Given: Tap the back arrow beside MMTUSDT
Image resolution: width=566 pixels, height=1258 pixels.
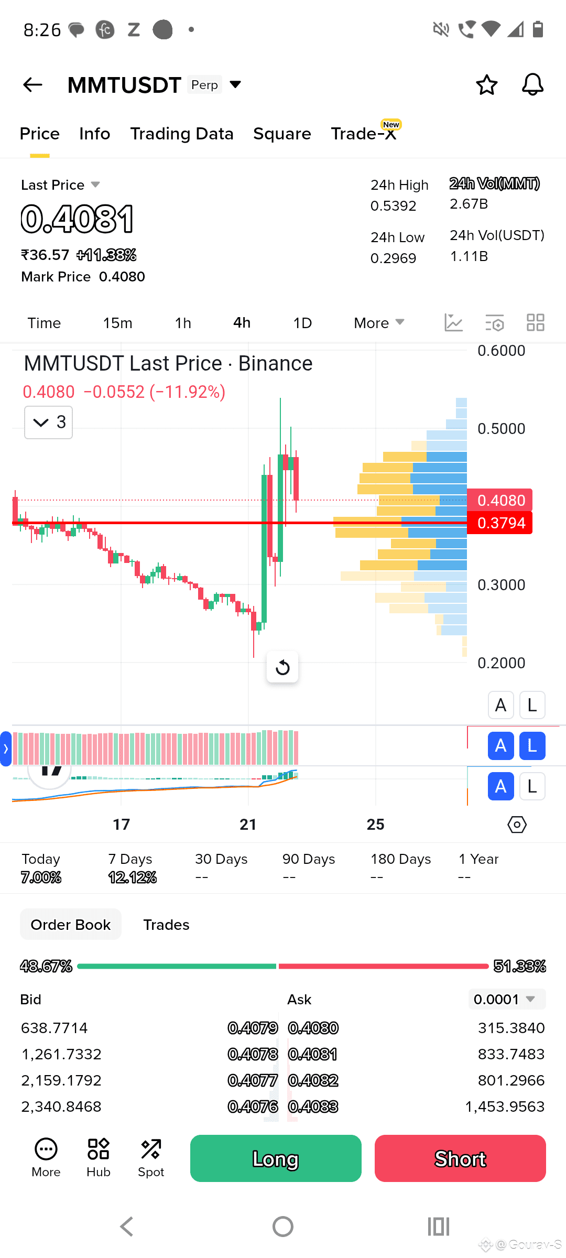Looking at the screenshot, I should tap(32, 84).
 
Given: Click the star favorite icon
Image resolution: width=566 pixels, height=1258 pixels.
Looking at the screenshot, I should tap(486, 85).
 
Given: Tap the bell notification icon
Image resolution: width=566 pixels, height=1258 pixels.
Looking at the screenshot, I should tap(532, 84).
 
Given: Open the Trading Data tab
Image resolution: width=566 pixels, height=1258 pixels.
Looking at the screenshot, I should tap(181, 134).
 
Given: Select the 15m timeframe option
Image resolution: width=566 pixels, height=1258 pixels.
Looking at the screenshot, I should tap(117, 323).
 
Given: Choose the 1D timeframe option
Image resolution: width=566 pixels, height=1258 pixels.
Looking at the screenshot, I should tap(302, 323).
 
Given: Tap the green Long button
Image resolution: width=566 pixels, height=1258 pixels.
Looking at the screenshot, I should tap(276, 1158).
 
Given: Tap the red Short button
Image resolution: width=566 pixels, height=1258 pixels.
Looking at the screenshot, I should tap(460, 1158).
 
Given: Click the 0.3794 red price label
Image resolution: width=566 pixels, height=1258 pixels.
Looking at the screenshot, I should tap(500, 523).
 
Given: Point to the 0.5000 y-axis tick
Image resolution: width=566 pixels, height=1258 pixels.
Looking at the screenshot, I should tap(501, 429).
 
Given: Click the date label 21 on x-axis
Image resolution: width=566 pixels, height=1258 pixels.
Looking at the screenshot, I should tap(248, 825).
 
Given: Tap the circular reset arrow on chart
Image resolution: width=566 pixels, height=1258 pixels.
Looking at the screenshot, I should tap(282, 667).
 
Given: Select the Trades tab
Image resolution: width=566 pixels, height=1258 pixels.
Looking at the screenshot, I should tap(166, 925).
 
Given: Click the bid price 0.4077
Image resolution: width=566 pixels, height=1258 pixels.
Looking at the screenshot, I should tap(252, 1080).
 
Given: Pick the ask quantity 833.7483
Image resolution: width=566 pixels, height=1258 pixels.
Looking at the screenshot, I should tap(510, 1054).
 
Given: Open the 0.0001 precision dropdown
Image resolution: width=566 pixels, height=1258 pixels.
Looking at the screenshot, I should tap(506, 999).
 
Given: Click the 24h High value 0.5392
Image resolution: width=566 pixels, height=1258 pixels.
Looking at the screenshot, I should tap(393, 206).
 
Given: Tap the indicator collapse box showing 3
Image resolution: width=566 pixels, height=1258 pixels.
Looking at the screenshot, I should tap(48, 422).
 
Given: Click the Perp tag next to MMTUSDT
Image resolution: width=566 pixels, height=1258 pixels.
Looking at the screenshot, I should tap(204, 85).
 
